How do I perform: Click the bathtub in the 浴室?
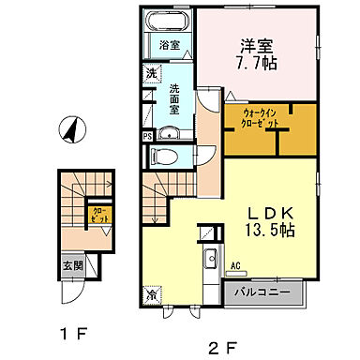tap(170, 23)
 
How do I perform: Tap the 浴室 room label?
tap(169, 45)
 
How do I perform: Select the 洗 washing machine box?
tap(150, 72)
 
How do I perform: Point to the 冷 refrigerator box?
tap(152, 294)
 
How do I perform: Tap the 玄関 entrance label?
tap(72, 264)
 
